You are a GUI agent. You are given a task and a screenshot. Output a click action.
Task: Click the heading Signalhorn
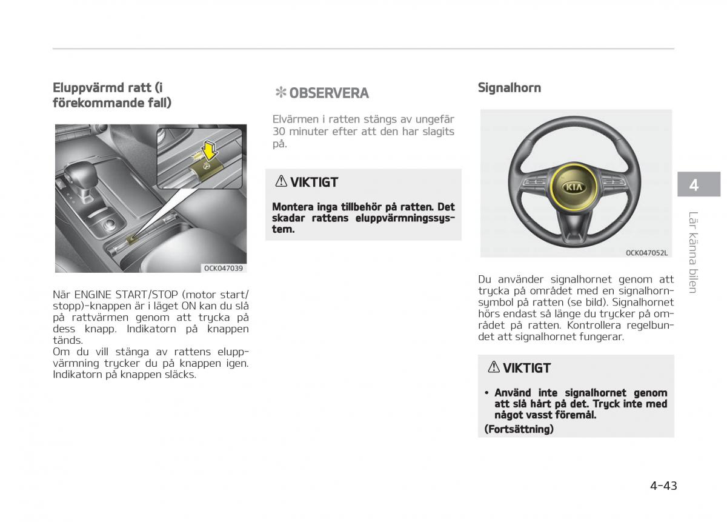point(510,88)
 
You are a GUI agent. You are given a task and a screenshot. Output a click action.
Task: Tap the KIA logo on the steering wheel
point(574,187)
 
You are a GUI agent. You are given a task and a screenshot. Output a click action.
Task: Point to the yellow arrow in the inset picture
point(210,150)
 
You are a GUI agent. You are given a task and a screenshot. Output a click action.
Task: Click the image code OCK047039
point(224,269)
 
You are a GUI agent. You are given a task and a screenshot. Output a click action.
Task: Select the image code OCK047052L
point(646,253)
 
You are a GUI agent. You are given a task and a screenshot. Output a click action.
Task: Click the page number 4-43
point(663,486)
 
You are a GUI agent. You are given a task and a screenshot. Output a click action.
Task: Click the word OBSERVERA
point(329,93)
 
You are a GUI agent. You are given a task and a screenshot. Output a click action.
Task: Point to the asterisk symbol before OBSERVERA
point(281,93)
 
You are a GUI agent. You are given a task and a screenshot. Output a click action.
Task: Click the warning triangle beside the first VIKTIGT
point(281,181)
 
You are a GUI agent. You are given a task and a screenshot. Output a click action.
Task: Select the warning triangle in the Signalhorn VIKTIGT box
point(494,367)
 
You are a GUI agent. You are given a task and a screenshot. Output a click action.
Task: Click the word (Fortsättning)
point(519,429)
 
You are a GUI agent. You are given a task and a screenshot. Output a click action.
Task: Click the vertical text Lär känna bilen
point(693,252)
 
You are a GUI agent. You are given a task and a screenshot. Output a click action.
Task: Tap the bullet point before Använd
point(486,393)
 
